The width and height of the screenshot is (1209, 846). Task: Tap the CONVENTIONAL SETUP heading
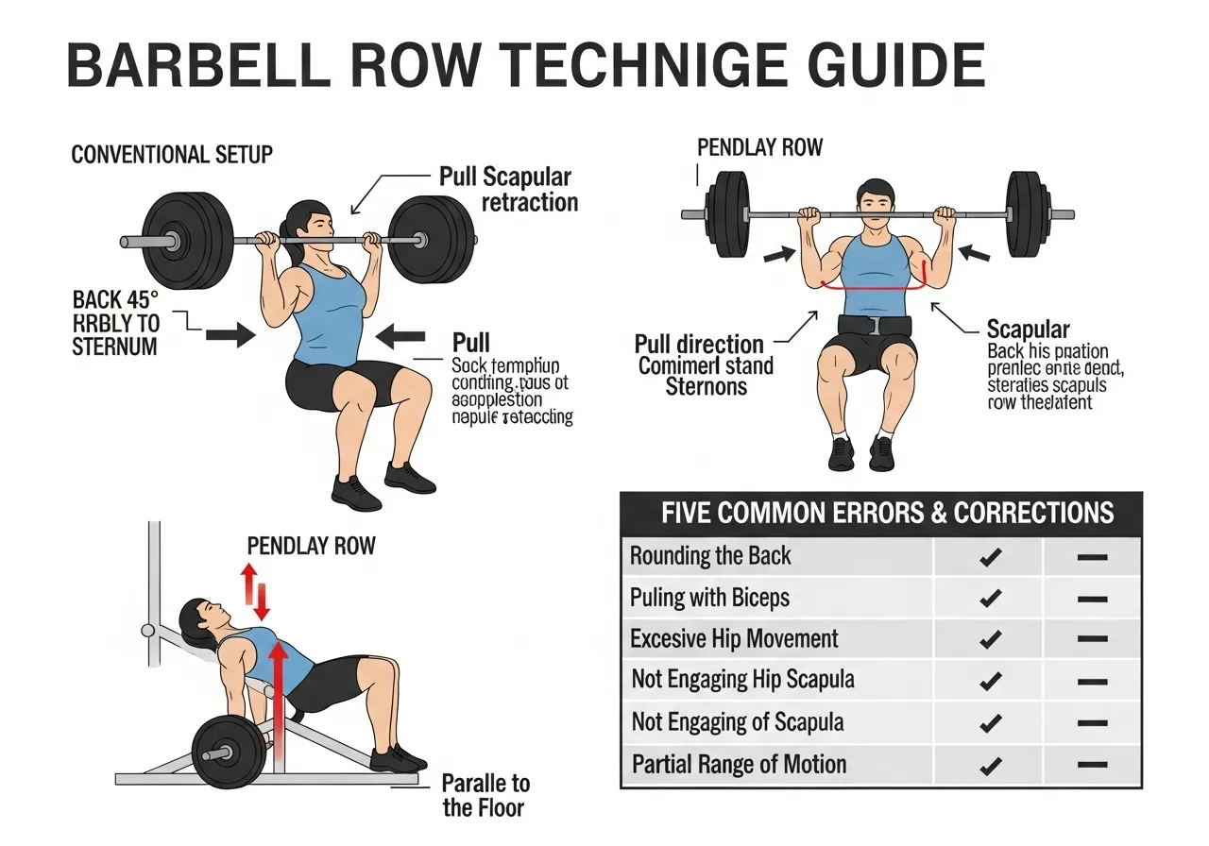point(172,154)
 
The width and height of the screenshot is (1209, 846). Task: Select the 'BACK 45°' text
point(111,300)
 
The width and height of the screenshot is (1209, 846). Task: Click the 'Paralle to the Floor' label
point(486,795)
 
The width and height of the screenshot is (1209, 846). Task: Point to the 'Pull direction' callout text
point(699,344)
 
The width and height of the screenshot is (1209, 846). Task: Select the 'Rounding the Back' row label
point(710,555)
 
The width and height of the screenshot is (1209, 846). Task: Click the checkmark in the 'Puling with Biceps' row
point(990,598)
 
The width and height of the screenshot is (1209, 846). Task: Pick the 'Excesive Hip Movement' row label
point(734,639)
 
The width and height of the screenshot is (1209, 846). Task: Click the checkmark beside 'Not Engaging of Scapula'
point(990,723)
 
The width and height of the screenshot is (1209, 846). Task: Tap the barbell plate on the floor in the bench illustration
point(229,752)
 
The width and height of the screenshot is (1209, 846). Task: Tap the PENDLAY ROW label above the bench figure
point(311,546)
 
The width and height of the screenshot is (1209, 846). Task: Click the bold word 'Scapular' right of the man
point(1028,330)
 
